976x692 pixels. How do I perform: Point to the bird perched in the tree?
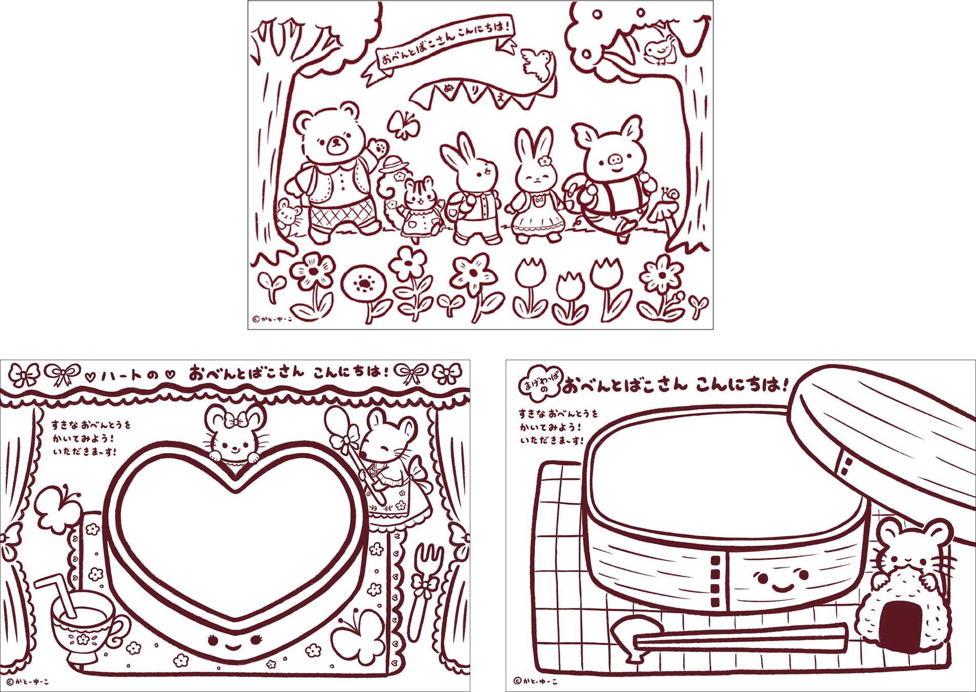point(658,51)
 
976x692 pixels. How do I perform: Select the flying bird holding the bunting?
point(539,64)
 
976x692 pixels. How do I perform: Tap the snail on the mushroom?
point(671,194)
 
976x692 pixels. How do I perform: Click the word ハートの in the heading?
point(129,376)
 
